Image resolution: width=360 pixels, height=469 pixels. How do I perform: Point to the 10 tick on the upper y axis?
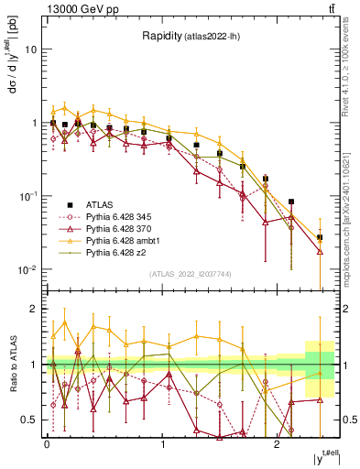[31, 49]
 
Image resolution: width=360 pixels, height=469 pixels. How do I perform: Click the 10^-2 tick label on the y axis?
[28, 269]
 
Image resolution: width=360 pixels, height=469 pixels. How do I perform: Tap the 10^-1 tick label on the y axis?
[28, 196]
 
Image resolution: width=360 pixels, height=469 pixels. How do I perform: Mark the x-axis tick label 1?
[162, 443]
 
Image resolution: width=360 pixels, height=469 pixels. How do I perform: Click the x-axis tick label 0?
[46, 443]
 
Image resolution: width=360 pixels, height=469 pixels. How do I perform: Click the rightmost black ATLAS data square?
[320, 238]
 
